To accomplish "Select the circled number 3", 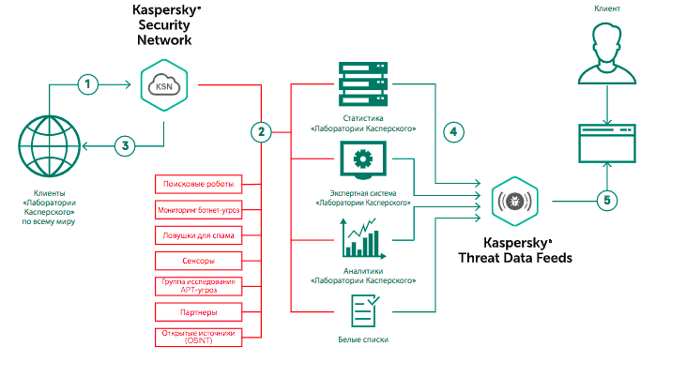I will point(125,145).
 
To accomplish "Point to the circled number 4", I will point(453,131).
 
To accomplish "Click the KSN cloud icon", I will point(162,85).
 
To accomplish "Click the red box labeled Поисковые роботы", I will point(197,182).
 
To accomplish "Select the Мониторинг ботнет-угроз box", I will point(197,208).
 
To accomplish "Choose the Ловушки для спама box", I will point(197,234).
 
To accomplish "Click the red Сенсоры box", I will point(197,259).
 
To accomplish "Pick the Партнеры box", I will point(197,310).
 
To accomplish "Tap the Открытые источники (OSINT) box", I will point(197,336).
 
